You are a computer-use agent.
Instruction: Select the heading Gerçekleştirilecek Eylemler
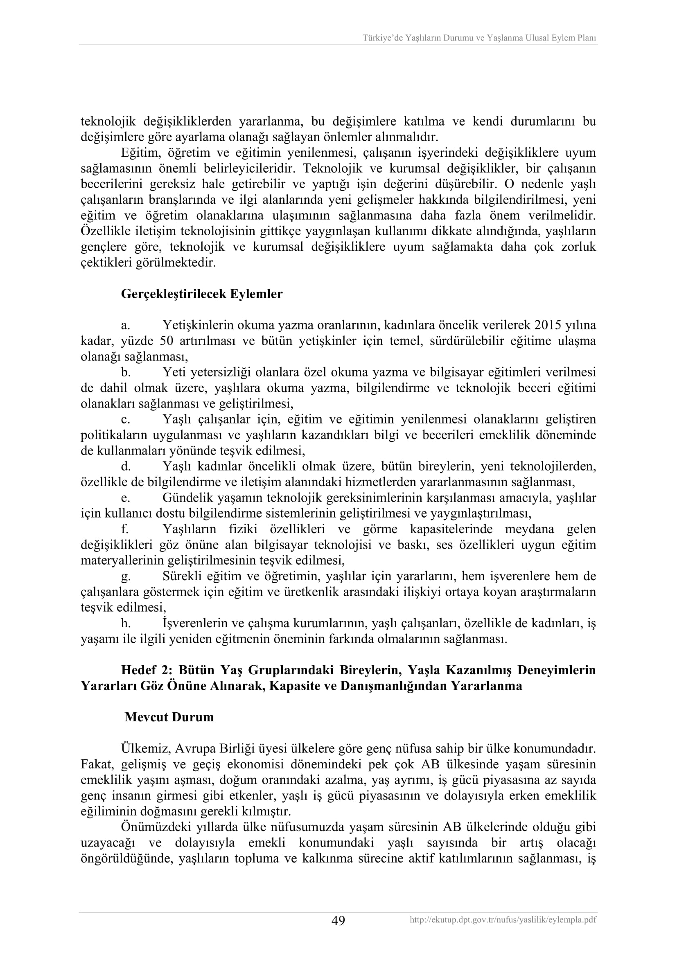pos(202,294)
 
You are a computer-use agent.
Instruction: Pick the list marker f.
pos(125,529)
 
